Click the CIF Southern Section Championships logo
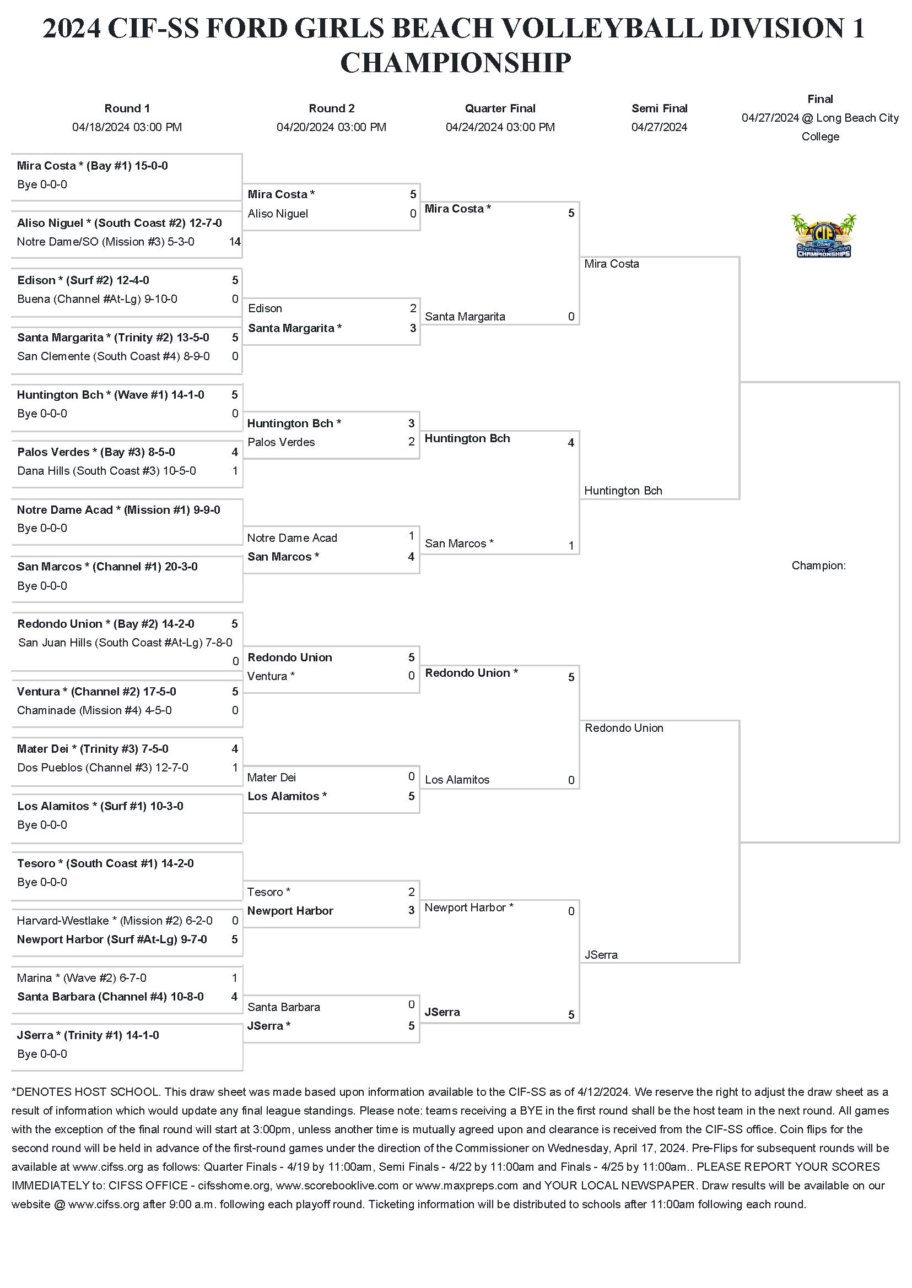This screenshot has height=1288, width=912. (x=823, y=236)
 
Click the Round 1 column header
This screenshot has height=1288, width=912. (x=127, y=108)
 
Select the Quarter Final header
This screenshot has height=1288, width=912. (x=500, y=108)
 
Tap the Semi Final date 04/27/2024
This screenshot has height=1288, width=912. (x=659, y=127)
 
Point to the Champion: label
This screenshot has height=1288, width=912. (x=818, y=566)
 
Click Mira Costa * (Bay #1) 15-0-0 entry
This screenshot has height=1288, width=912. (x=92, y=166)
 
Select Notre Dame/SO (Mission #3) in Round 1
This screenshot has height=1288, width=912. (x=106, y=242)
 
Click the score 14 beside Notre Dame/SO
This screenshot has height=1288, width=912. (x=235, y=242)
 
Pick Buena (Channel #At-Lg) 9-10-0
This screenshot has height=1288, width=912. (x=97, y=299)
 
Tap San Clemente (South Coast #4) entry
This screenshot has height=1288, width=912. (x=114, y=356)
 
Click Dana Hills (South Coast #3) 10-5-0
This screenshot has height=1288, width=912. (x=107, y=471)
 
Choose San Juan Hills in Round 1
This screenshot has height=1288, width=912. (x=125, y=643)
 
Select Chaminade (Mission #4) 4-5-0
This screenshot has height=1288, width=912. (x=94, y=710)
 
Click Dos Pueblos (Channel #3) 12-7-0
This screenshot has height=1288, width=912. (x=102, y=768)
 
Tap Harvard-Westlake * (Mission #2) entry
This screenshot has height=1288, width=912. (x=115, y=920)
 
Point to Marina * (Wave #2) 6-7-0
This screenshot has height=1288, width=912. (x=82, y=977)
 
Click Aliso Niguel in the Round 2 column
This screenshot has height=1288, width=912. (x=278, y=214)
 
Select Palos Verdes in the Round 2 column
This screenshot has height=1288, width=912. (x=281, y=442)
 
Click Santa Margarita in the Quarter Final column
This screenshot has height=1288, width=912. (x=465, y=317)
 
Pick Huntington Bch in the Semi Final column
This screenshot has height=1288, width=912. (x=623, y=491)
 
